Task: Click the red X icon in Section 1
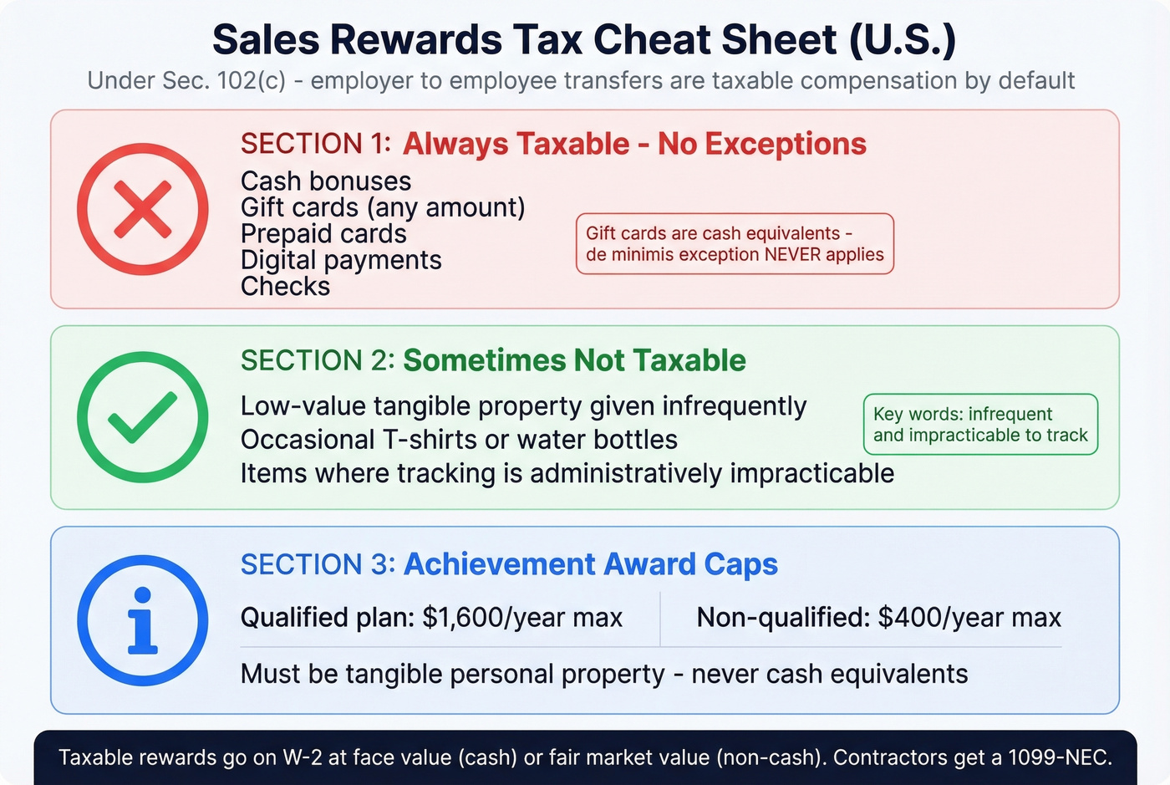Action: coord(143,209)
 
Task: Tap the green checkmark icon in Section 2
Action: coord(143,417)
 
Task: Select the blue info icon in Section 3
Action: coord(143,620)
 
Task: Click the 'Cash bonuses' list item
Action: coord(326,181)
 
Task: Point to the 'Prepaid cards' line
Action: coord(323,234)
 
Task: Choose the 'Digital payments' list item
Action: coord(341,260)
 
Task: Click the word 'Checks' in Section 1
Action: coord(286,287)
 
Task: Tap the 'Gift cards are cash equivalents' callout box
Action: coord(735,244)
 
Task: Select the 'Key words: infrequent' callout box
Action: coord(980,425)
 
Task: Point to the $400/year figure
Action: coord(969,618)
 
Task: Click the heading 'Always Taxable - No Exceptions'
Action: coord(634,144)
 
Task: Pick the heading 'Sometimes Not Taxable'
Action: coord(574,360)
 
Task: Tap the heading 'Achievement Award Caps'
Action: coord(591,564)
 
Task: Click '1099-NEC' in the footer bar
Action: coord(1060,757)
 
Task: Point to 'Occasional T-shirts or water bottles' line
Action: coord(459,440)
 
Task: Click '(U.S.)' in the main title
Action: coord(903,39)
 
